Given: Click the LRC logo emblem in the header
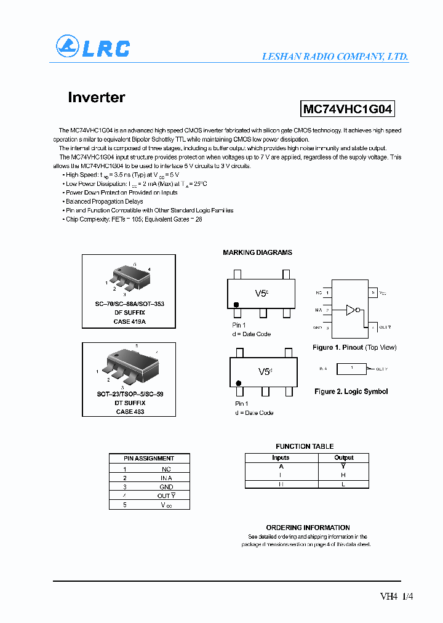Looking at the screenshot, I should tap(68, 47).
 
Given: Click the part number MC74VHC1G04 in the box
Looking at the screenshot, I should tap(347, 110).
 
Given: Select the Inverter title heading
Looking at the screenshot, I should tap(97, 97).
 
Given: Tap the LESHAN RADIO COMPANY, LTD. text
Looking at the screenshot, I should tap(335, 56).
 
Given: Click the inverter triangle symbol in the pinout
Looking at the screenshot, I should tap(351, 310).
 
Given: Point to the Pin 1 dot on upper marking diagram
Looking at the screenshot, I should tap(236, 305).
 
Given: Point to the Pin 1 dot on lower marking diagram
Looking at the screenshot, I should tap(238, 384).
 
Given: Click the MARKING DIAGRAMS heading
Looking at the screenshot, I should tap(257, 252).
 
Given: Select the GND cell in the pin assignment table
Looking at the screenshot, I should tap(166, 486).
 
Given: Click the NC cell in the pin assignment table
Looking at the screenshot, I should tap(166, 469).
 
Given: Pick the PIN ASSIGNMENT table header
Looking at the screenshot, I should tap(149, 458).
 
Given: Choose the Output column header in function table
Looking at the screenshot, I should tap(343, 457).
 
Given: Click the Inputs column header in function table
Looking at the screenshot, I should tap(281, 457).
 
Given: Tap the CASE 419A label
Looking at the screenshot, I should tap(129, 321).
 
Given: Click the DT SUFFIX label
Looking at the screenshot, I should tap(129, 403).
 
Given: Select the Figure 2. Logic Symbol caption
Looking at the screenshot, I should tap(351, 392).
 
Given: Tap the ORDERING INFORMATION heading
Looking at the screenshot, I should tap(308, 528).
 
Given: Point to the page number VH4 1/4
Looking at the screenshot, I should tap(393, 596).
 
